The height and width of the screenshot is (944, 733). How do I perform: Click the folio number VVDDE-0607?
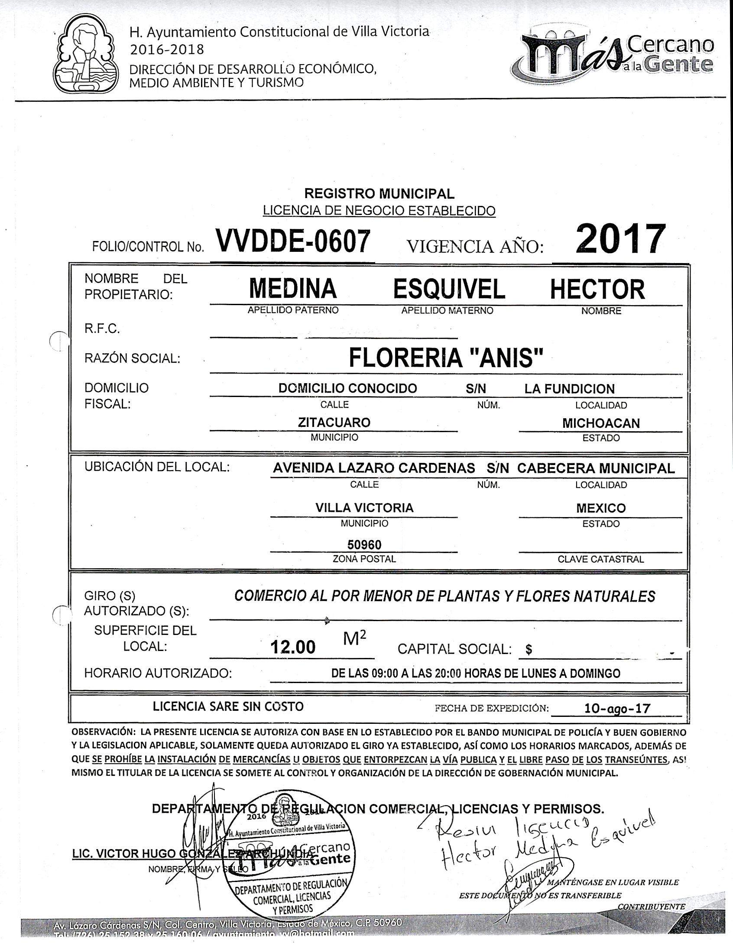[x=293, y=242]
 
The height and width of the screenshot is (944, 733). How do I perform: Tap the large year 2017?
[x=620, y=239]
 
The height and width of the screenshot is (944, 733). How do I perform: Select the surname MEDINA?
[x=293, y=289]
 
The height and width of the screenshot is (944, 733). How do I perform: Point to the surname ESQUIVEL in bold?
[x=449, y=289]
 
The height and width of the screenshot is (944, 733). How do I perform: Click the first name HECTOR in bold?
[x=597, y=290]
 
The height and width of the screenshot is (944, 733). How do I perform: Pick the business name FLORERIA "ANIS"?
[x=446, y=358]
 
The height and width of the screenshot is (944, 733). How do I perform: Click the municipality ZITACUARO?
[x=334, y=422]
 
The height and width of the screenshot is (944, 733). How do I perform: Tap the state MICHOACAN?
[x=601, y=423]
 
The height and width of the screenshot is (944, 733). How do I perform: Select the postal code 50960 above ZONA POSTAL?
[x=364, y=544]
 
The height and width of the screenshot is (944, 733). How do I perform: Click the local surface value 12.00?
[x=293, y=647]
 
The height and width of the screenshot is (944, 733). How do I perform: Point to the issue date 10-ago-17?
[x=617, y=708]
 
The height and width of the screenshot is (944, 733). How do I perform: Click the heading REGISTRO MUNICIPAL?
[x=379, y=193]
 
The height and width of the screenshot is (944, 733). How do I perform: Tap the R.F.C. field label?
[x=102, y=329]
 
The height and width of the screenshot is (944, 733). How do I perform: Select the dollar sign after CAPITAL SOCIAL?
[x=529, y=649]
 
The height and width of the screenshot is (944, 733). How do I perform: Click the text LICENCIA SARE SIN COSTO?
[x=228, y=706]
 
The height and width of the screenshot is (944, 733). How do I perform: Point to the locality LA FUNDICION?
[x=569, y=389]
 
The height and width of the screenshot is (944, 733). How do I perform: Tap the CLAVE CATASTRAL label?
[x=600, y=559]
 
